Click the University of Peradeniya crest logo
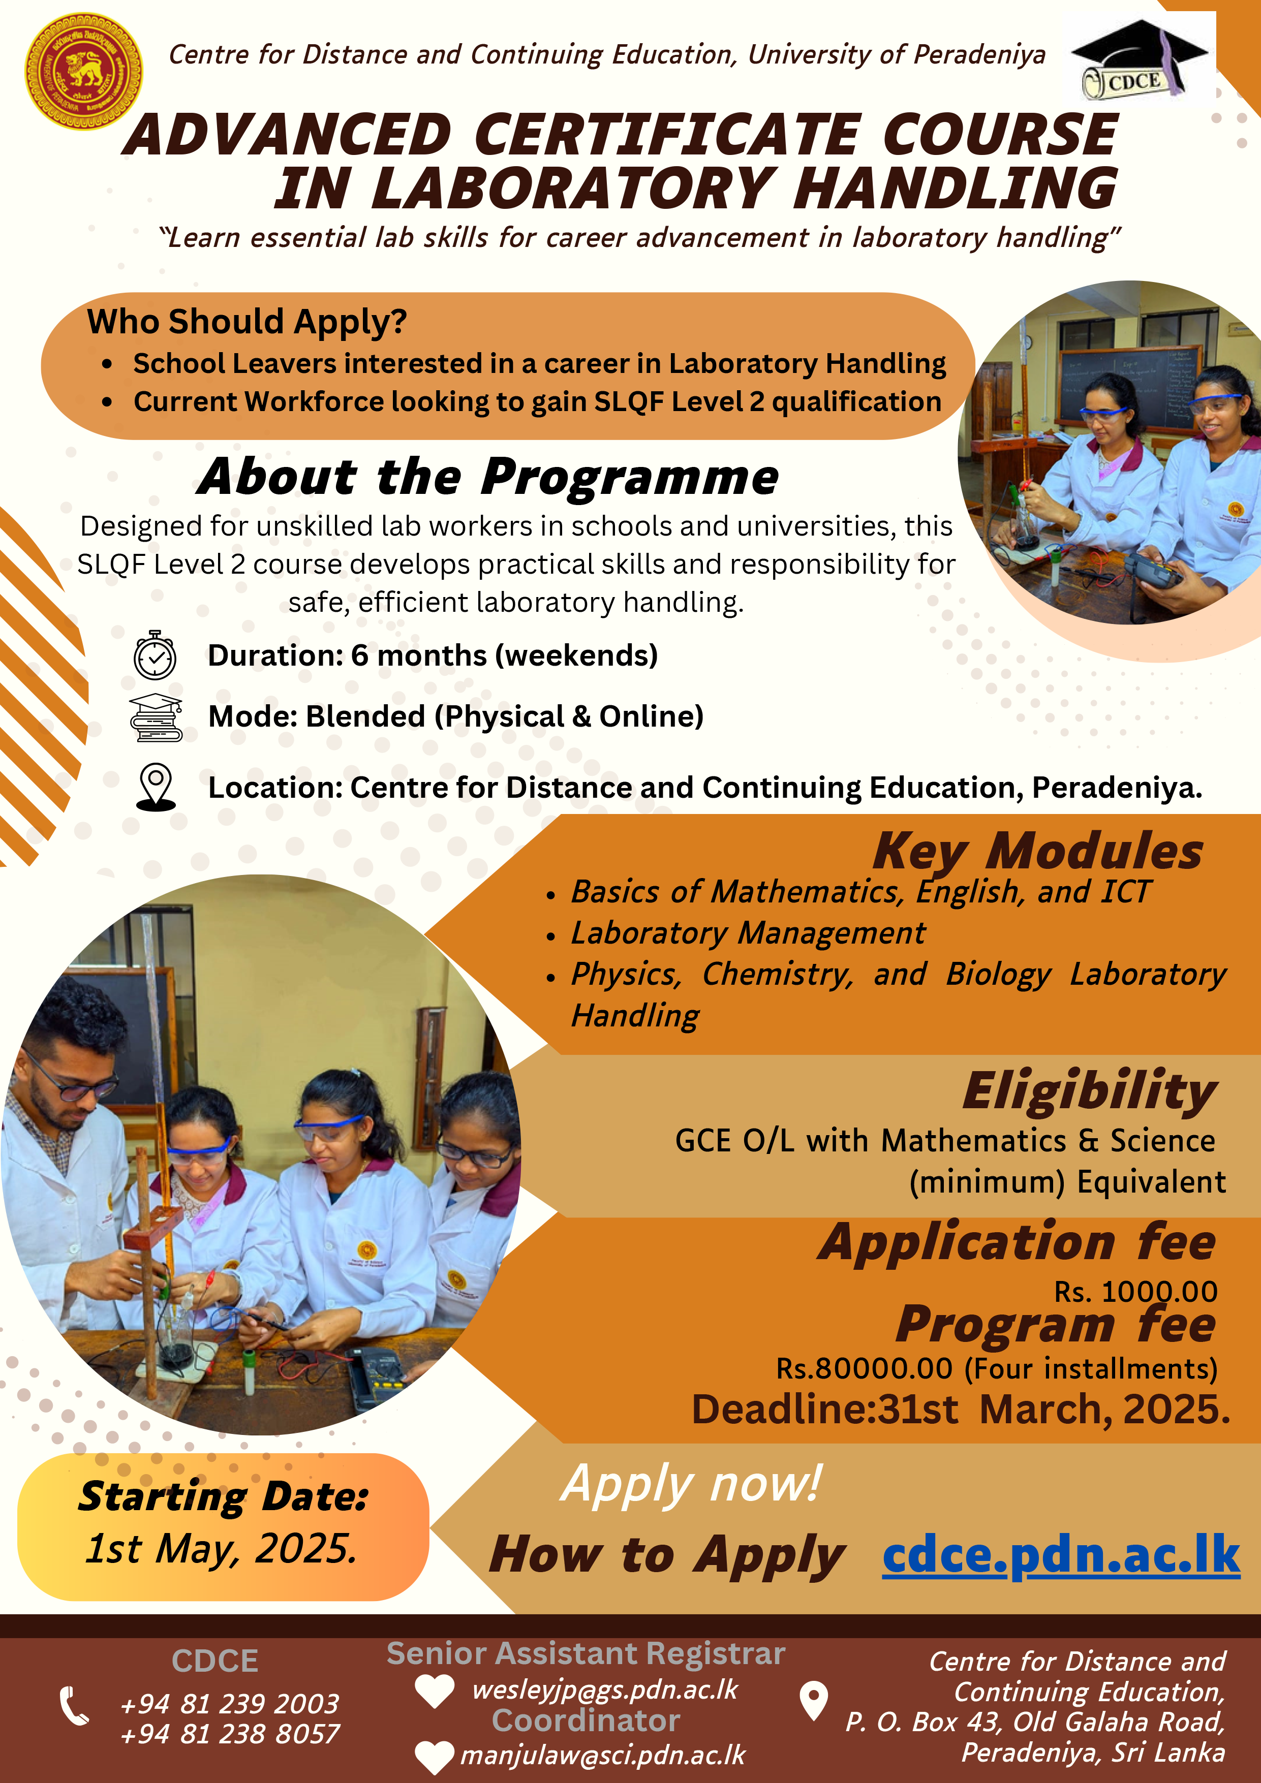click(84, 72)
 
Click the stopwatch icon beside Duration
click(156, 655)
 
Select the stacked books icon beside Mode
click(156, 717)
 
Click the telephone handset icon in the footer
click(75, 1706)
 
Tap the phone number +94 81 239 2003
click(230, 1703)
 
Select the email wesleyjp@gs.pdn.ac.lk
click(604, 1689)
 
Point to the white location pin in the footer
click(813, 1701)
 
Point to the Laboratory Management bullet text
click(748, 933)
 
